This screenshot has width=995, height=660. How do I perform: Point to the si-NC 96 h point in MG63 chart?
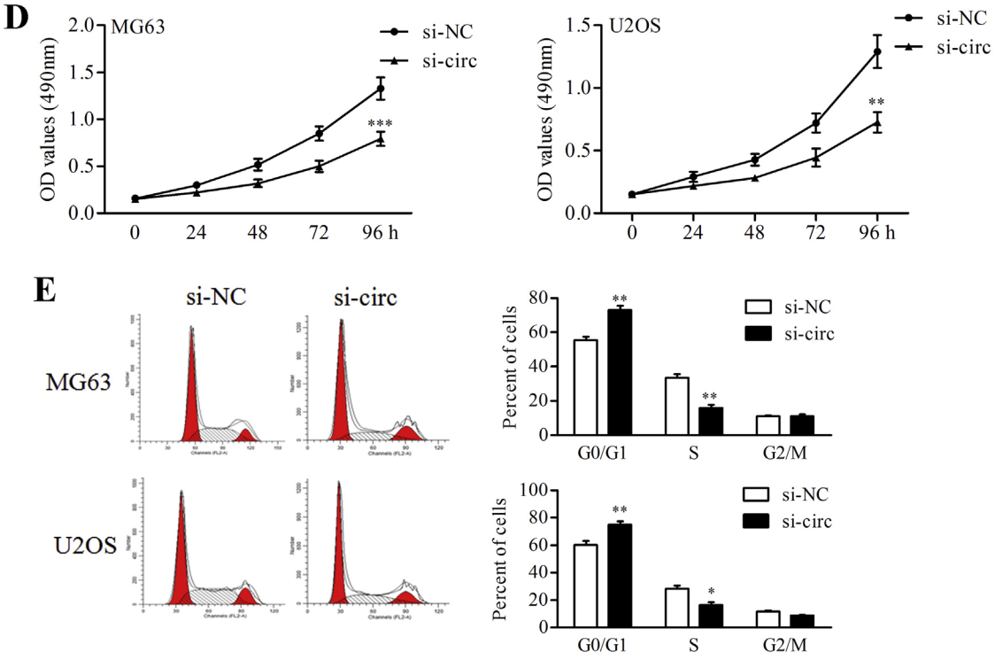tap(380, 89)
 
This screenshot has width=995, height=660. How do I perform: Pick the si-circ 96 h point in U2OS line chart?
tap(877, 122)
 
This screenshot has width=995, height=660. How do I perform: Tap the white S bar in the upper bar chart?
tap(677, 406)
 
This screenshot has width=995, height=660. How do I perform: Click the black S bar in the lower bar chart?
tap(711, 610)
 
